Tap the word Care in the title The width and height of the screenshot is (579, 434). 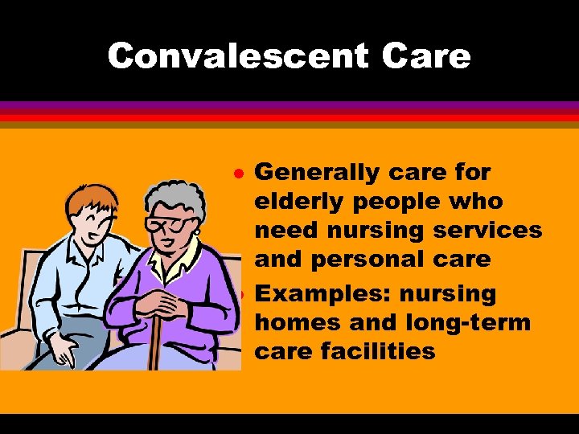coord(426,56)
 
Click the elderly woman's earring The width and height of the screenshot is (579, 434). coord(195,233)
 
